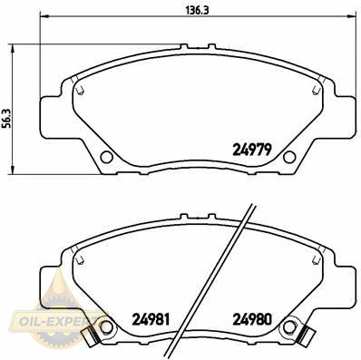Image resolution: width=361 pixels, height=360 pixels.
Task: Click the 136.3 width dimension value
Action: pyautogui.click(x=197, y=10)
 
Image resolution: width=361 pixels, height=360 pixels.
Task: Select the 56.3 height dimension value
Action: pyautogui.click(x=6, y=118)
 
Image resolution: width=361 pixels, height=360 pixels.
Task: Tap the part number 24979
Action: pyautogui.click(x=252, y=150)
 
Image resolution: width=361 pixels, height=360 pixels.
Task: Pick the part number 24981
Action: pyautogui.click(x=151, y=319)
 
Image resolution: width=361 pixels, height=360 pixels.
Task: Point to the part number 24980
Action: pyautogui.click(x=252, y=319)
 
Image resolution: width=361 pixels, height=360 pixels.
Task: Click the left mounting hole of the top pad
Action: pyautogui.click(x=106, y=157)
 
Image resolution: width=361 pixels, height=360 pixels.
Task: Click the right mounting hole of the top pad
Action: pyautogui.click(x=289, y=157)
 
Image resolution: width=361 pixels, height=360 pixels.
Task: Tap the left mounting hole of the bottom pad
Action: pyautogui.click(x=106, y=327)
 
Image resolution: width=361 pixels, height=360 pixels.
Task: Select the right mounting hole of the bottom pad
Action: pyautogui.click(x=289, y=327)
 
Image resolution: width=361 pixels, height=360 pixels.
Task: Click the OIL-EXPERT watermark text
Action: pyautogui.click(x=53, y=322)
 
